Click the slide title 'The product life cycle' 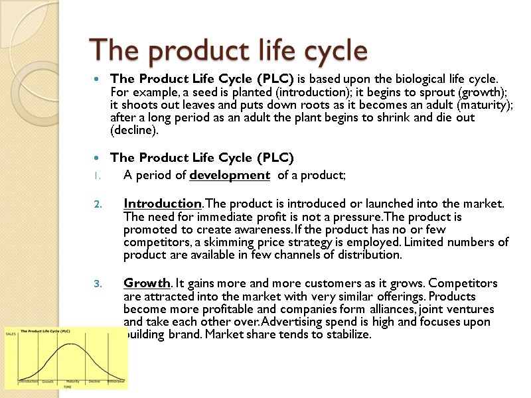click(228, 50)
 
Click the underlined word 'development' click(229, 176)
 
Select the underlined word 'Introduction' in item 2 click(162, 203)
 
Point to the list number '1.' click(97, 176)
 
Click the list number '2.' click(97, 204)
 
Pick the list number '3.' click(97, 285)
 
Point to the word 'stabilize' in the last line click(347, 335)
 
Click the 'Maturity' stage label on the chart click(73, 381)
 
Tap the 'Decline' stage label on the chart click(94, 381)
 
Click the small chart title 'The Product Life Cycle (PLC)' click(48, 330)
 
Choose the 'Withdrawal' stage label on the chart click(117, 381)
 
